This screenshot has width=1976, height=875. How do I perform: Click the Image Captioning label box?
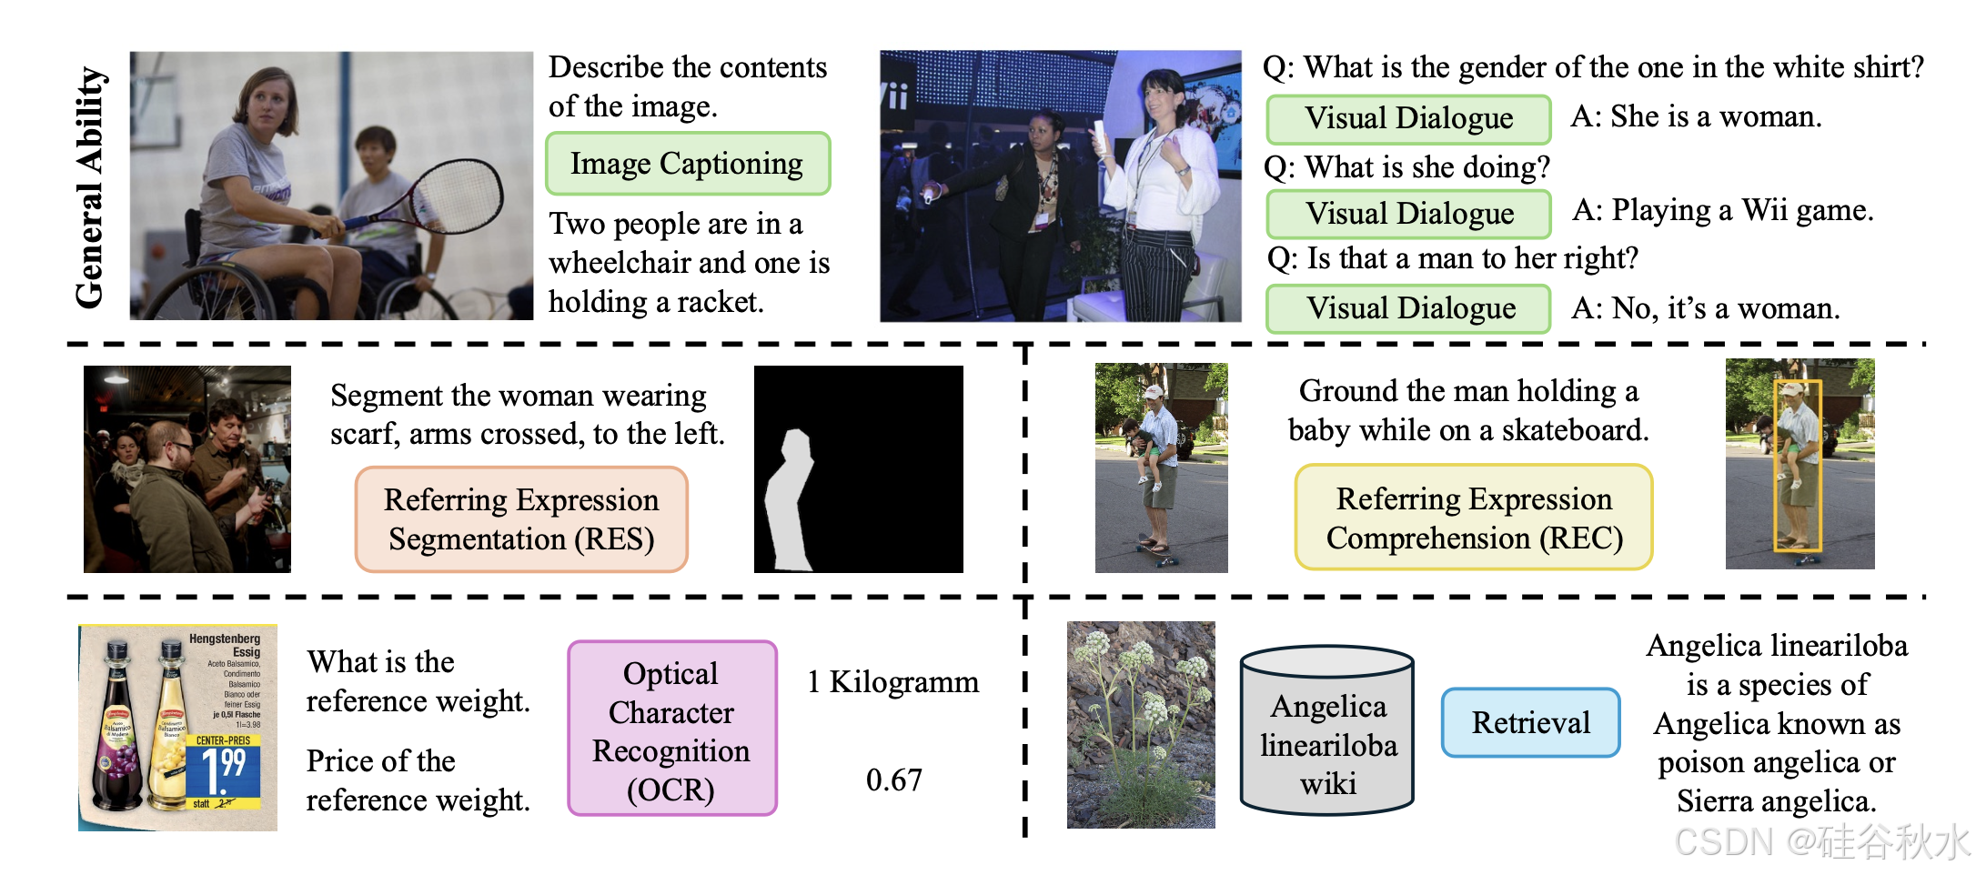[x=688, y=164]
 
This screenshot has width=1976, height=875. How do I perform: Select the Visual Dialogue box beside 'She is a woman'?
[x=1408, y=119]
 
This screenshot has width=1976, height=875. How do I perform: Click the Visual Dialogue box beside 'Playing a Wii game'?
[x=1408, y=214]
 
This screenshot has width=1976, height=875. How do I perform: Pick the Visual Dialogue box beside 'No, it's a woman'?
[x=1408, y=308]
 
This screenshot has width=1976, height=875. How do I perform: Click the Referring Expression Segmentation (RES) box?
[x=521, y=519]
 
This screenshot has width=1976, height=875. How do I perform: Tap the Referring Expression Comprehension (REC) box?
[x=1474, y=518]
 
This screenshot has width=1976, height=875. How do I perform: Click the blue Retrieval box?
[x=1531, y=722]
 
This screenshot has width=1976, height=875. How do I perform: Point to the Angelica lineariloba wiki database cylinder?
[x=1327, y=732]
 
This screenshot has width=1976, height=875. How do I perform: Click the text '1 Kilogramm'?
[x=892, y=682]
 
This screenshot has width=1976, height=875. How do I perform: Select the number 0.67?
[x=893, y=779]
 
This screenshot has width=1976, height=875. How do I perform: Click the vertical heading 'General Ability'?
[x=90, y=186]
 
